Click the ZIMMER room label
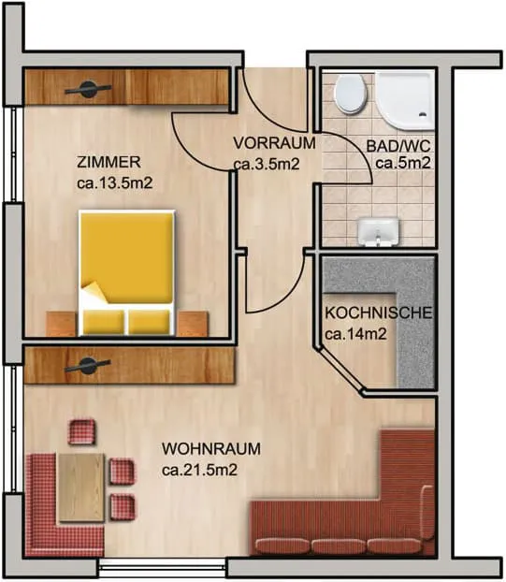[x=108, y=162]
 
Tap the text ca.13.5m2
[x=115, y=183]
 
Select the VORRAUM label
[x=275, y=143]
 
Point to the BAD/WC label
[x=398, y=146]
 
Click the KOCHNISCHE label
[x=379, y=313]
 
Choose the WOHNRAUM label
[x=211, y=449]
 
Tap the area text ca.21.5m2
[x=199, y=471]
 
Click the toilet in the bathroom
[x=351, y=94]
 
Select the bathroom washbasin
[x=378, y=232]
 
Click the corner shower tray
[x=404, y=100]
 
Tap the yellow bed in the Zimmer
[x=127, y=273]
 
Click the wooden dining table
[x=81, y=487]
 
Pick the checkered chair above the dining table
[x=81, y=431]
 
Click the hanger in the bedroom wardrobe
[x=88, y=90]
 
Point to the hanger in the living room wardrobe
[x=87, y=365]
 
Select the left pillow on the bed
[x=104, y=322]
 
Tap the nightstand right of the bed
[x=192, y=324]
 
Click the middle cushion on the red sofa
[x=339, y=546]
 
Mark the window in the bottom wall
[x=163, y=567]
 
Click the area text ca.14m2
[x=355, y=334]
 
